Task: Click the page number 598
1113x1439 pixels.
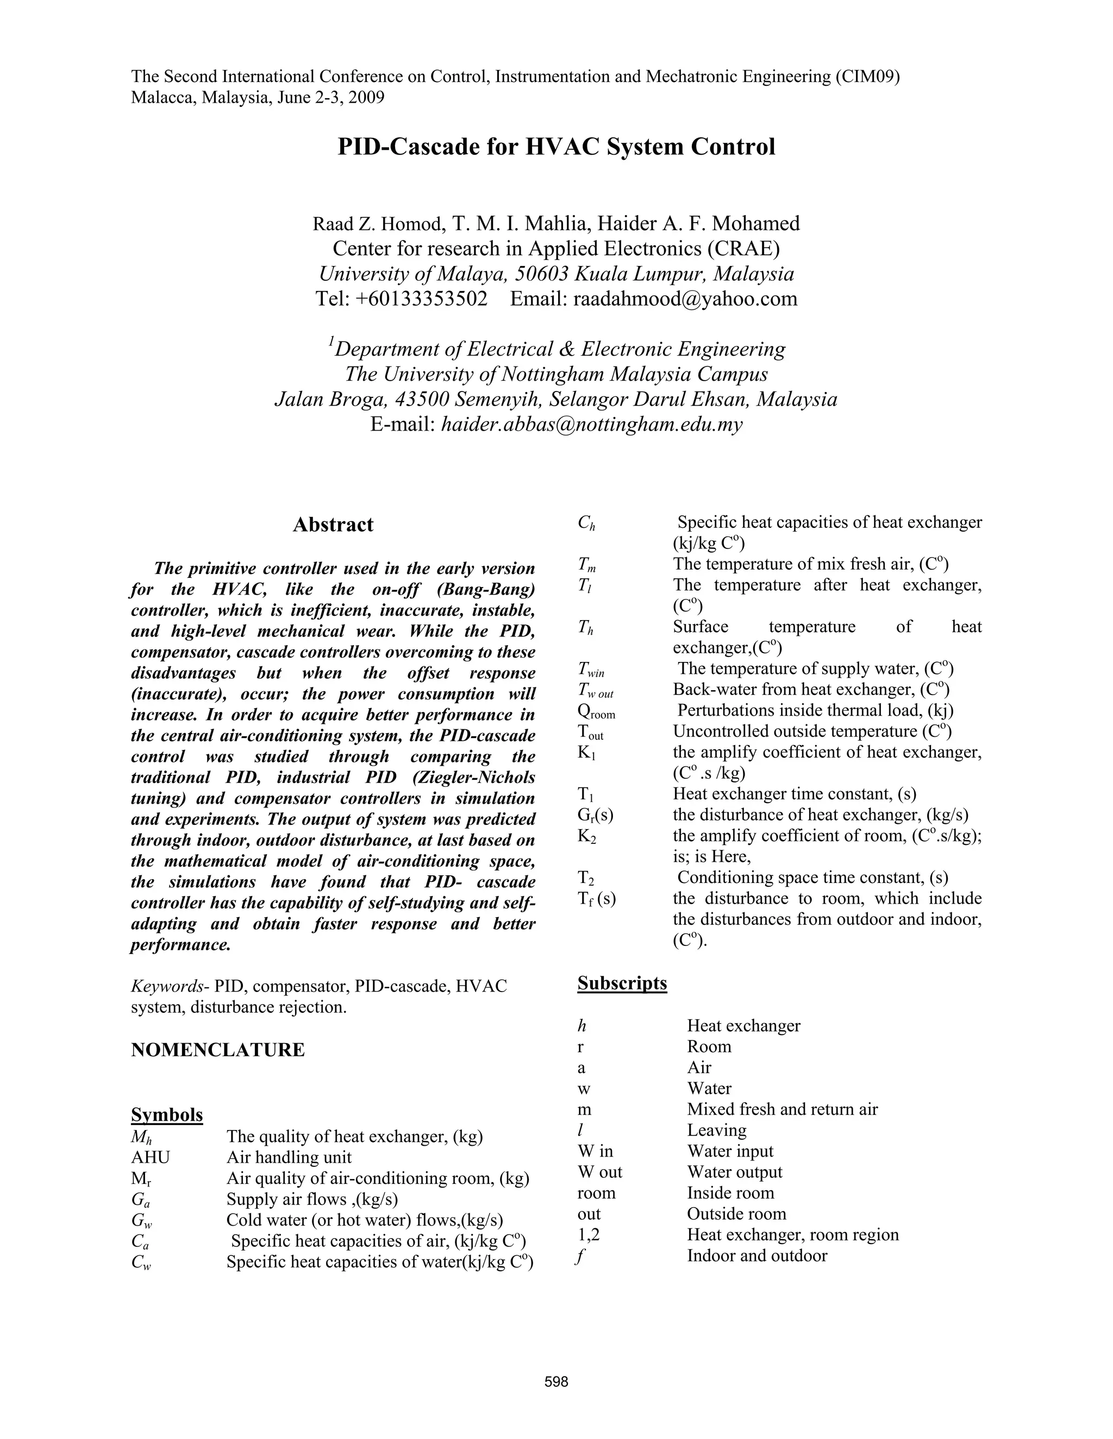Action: [556, 1381]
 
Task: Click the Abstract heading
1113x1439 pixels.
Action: [333, 525]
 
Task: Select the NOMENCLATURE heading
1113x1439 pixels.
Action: [217, 1050]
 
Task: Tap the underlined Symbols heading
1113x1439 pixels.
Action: [167, 1115]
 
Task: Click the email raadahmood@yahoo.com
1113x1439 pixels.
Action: [685, 299]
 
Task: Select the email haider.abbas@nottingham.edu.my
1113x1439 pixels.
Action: [591, 425]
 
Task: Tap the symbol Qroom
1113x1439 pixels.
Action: [596, 711]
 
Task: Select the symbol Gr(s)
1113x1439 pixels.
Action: [595, 815]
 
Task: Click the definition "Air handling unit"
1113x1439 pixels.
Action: [289, 1158]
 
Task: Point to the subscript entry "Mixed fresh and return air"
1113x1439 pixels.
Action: [782, 1109]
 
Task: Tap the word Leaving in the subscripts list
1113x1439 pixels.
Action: [717, 1131]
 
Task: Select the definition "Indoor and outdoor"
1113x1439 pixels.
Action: [756, 1256]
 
